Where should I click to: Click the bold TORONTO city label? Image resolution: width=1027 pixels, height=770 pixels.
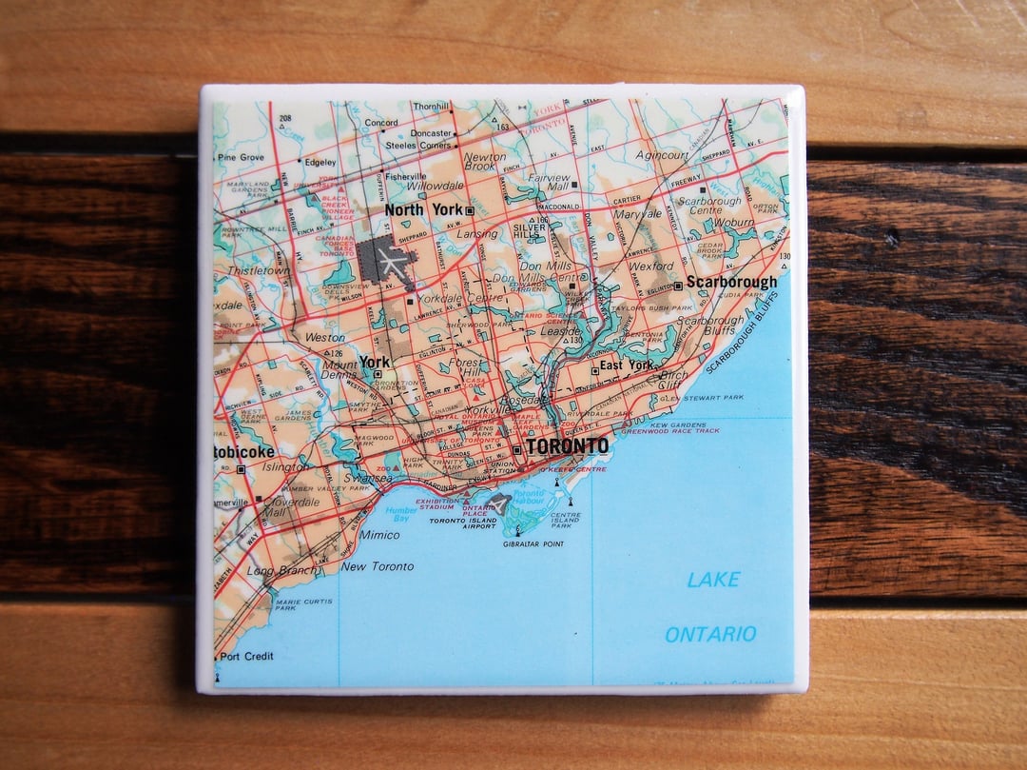click(x=567, y=446)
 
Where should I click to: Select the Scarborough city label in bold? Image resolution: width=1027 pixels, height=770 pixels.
click(x=731, y=282)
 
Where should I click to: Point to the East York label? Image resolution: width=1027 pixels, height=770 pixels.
click(x=627, y=365)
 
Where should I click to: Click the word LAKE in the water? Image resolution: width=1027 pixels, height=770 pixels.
click(x=713, y=579)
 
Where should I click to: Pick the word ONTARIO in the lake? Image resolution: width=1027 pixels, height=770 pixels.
click(x=710, y=634)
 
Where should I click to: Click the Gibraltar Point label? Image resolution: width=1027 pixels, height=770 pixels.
click(x=533, y=543)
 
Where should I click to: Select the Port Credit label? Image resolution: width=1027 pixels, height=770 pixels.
click(x=247, y=656)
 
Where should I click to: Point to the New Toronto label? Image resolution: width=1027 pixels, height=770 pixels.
click(x=378, y=566)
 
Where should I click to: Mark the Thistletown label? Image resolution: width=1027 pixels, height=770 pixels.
click(x=259, y=271)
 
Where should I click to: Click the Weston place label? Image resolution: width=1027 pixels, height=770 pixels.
click(x=325, y=337)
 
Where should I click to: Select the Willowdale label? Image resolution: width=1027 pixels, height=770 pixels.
click(x=436, y=187)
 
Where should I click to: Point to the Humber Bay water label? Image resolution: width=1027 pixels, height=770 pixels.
click(x=401, y=515)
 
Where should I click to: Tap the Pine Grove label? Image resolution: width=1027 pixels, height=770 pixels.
click(x=242, y=157)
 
